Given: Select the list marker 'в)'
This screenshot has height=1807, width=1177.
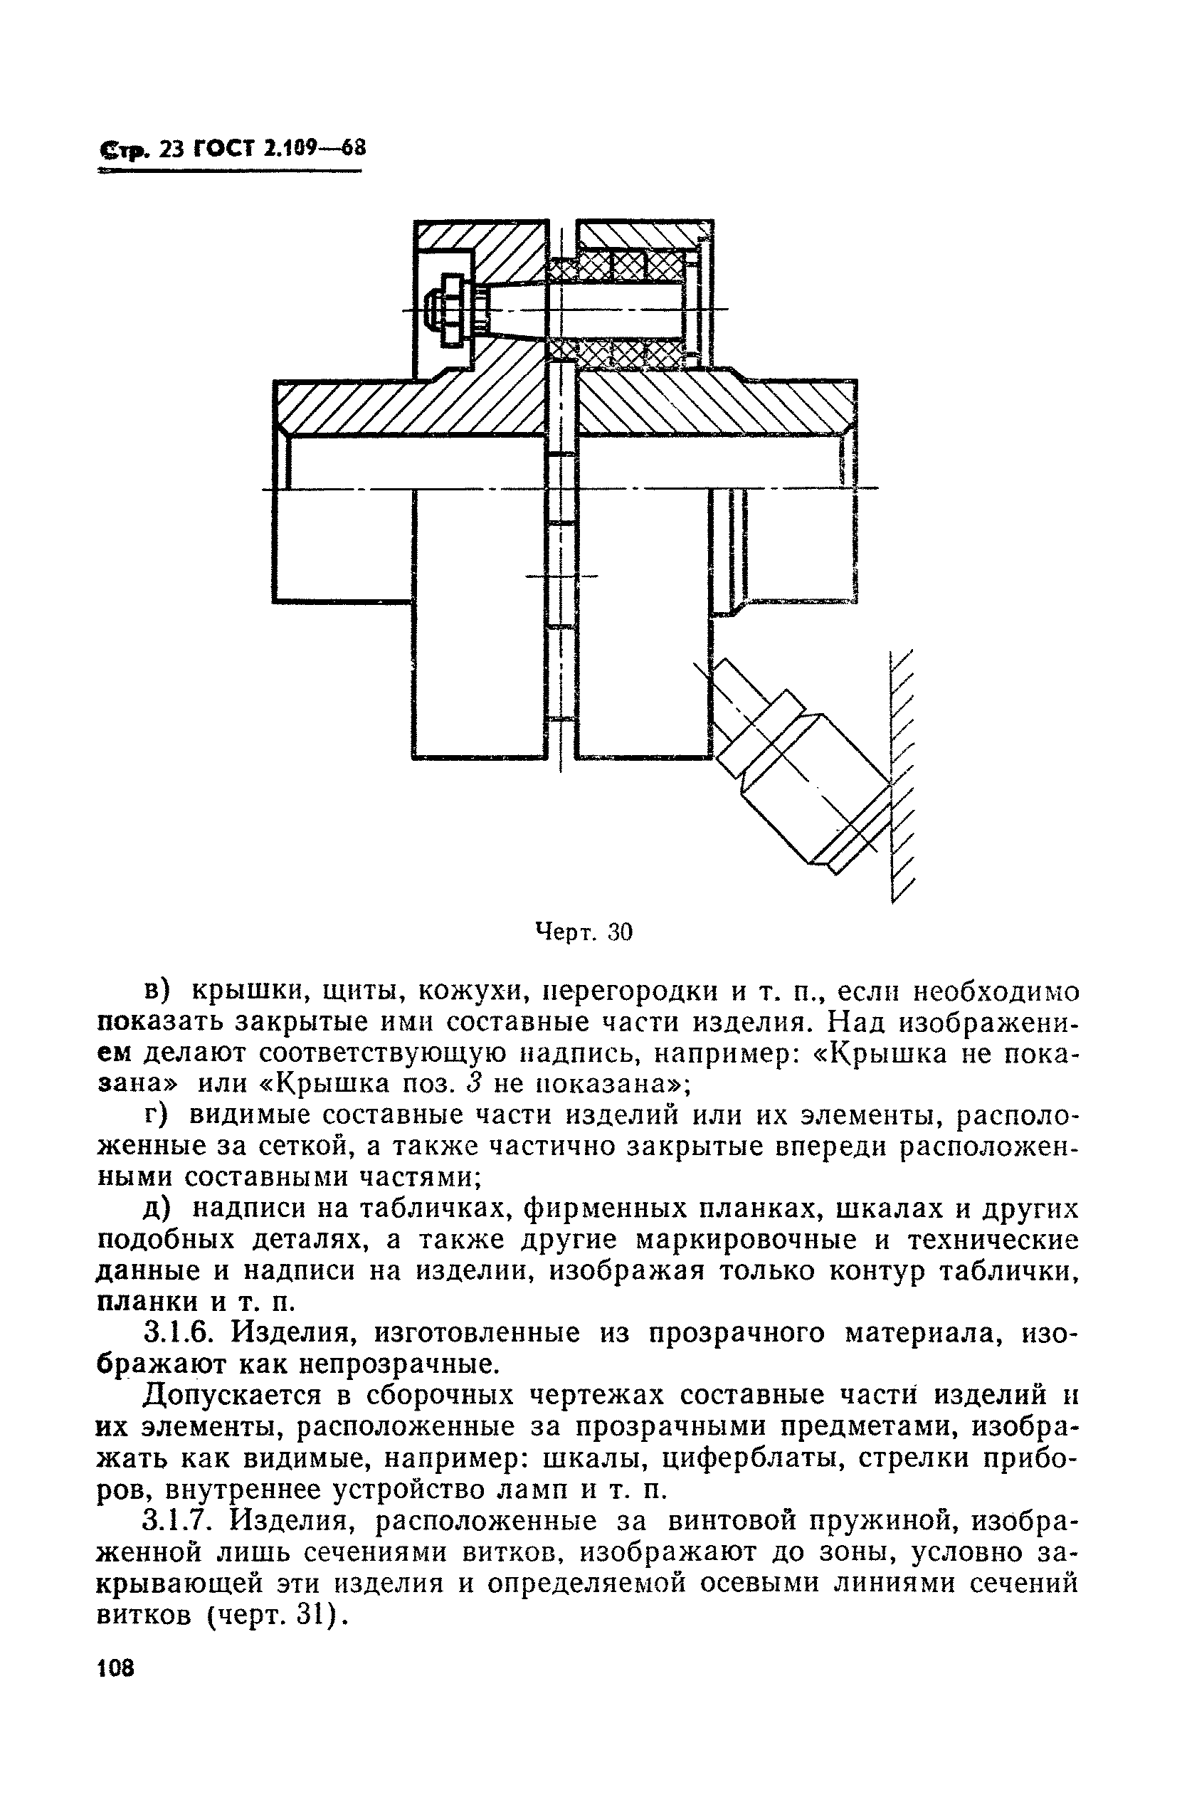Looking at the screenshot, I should (161, 991).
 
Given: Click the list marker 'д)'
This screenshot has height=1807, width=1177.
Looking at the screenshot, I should (161, 1208).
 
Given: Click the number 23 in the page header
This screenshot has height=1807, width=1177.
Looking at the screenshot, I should (172, 149).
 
